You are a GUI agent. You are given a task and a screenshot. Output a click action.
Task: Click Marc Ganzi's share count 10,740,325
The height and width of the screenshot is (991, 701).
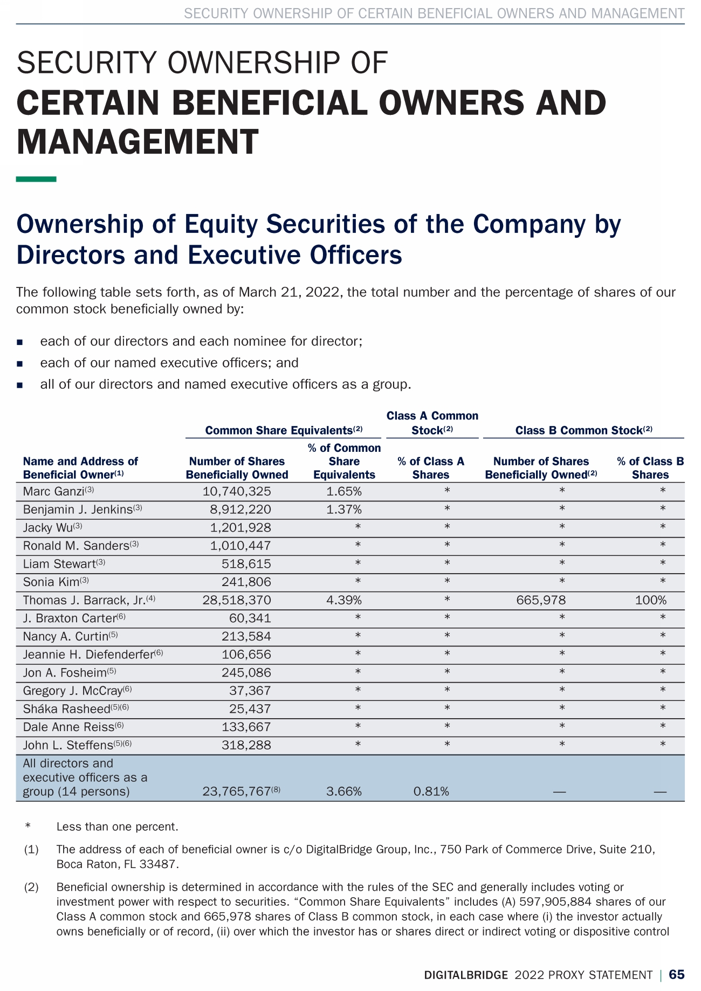click(x=237, y=491)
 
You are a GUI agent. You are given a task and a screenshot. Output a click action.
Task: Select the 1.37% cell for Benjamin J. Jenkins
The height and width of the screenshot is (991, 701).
click(x=344, y=510)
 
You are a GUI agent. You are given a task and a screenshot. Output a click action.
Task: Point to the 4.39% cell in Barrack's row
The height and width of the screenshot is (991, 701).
click(x=344, y=600)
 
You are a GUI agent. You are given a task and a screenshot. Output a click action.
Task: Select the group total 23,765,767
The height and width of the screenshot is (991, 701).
click(x=236, y=792)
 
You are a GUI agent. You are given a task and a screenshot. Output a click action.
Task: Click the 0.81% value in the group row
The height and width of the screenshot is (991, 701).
click(x=431, y=792)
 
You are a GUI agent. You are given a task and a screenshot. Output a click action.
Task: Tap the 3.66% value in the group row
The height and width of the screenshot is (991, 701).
click(x=344, y=792)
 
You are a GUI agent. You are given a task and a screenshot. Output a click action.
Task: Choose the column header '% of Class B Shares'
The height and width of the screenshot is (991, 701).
click(x=650, y=468)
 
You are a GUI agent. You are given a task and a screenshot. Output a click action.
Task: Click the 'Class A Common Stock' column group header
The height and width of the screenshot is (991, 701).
click(x=432, y=423)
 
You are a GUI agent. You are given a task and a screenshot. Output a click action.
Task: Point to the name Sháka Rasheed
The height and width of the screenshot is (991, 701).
click(x=66, y=709)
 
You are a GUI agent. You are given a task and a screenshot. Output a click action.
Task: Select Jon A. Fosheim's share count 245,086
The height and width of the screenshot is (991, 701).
click(x=246, y=673)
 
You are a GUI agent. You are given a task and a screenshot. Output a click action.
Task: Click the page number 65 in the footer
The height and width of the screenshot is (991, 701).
click(x=677, y=974)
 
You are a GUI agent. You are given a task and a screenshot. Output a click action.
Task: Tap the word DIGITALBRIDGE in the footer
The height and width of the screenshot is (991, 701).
click(x=466, y=975)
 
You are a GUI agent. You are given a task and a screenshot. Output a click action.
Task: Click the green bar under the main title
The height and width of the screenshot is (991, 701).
click(x=36, y=179)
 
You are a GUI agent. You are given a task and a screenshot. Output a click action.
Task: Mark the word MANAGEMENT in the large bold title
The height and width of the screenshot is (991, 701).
click(x=138, y=142)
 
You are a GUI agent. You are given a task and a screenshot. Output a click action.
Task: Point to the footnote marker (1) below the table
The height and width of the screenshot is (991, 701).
click(x=31, y=850)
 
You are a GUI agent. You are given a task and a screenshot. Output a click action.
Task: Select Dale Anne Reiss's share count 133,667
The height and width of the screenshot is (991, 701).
click(x=246, y=727)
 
